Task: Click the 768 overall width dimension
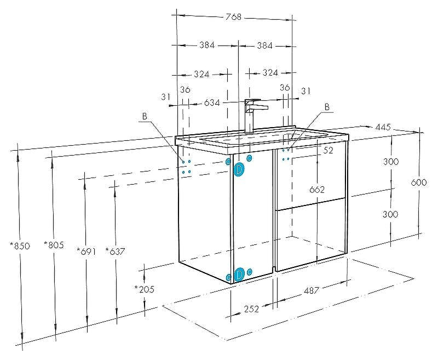[x=233, y=17]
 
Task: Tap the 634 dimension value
[x=212, y=103]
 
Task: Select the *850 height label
[x=20, y=246]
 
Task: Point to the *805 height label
[x=54, y=245]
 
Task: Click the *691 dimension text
[x=87, y=252]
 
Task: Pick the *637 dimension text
[x=115, y=252]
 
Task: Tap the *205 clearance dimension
[x=144, y=289]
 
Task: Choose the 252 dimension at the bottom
[x=251, y=309]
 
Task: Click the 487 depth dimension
[x=311, y=290]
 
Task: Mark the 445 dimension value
[x=383, y=128]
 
